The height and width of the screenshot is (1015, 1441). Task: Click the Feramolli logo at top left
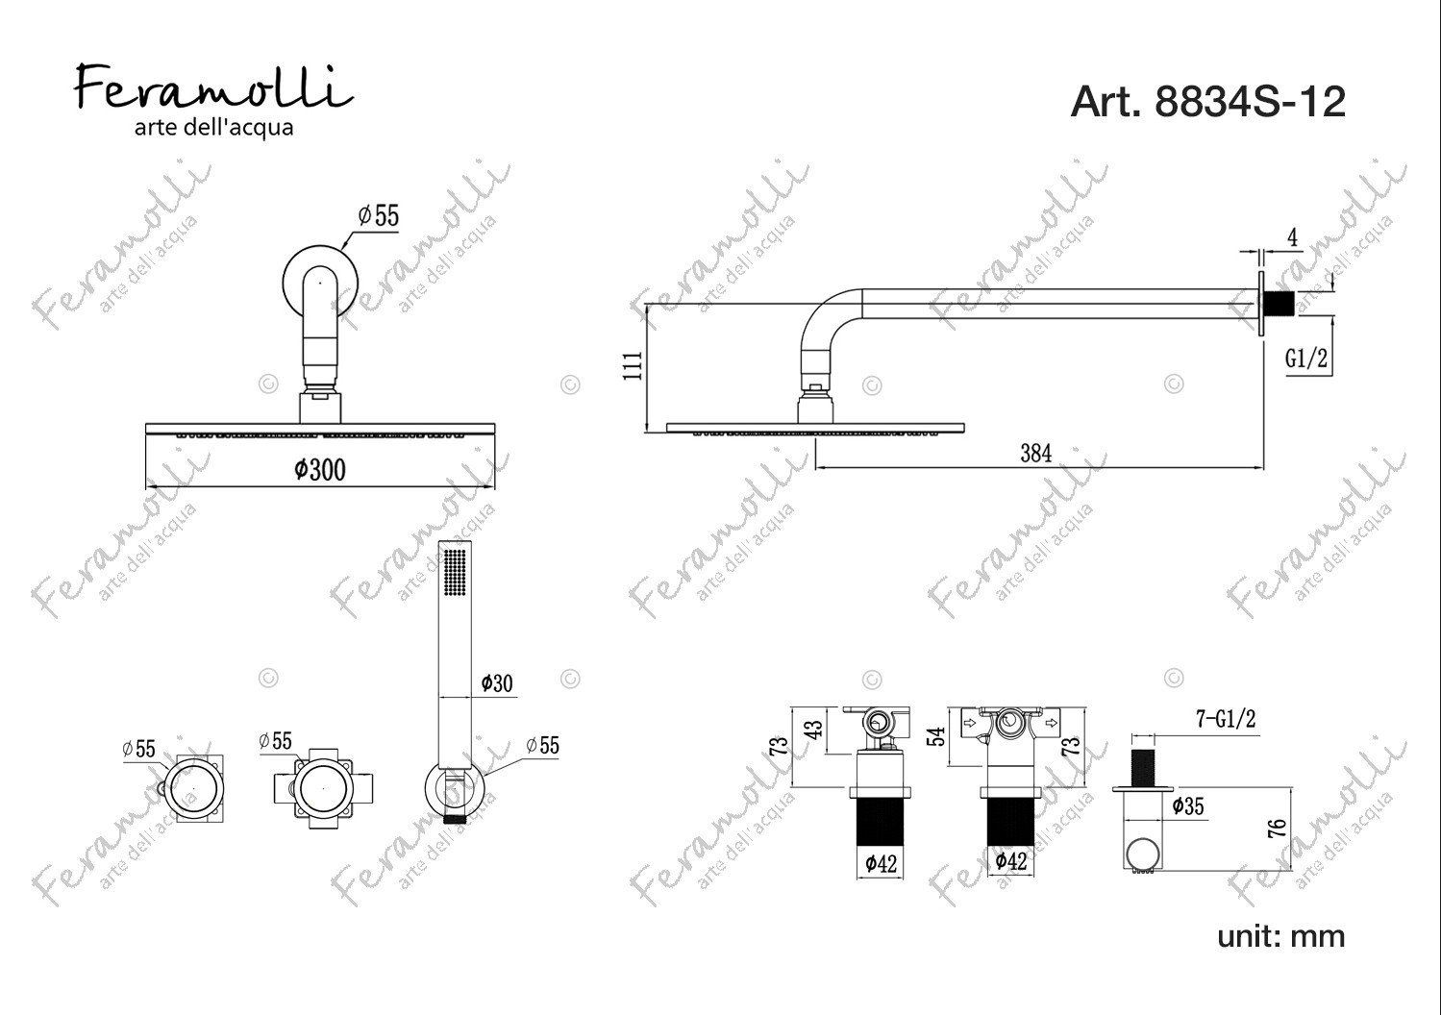[214, 100]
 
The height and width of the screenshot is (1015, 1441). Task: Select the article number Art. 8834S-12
[1207, 102]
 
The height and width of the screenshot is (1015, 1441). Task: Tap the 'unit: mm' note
[1280, 936]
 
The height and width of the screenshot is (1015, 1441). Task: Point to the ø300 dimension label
[320, 470]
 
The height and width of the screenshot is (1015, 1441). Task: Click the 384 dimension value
[1035, 454]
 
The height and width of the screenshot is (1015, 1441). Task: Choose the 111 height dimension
[633, 365]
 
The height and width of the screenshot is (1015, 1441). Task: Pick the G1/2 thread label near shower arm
[1306, 358]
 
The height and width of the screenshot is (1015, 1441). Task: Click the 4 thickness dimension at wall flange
[1292, 237]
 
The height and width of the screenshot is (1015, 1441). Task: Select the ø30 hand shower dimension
[497, 683]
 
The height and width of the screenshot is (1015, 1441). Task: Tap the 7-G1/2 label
[1226, 718]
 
